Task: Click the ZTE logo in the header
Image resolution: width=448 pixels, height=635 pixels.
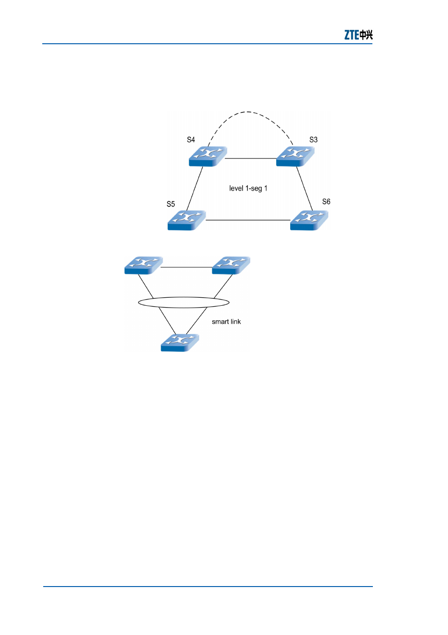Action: tap(358, 35)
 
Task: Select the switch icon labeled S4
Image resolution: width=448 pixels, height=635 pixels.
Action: tap(208, 156)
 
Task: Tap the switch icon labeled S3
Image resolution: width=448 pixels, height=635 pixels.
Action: tap(295, 156)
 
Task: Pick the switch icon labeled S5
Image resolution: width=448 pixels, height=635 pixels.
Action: tap(186, 220)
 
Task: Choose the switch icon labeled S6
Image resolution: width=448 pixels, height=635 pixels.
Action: tap(309, 220)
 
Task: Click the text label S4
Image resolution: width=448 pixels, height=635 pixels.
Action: tap(191, 140)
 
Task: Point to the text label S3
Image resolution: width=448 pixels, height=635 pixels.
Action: tap(313, 140)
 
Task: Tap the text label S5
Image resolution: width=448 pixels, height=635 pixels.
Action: tap(170, 204)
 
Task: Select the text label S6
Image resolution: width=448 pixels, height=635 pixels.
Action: tap(326, 202)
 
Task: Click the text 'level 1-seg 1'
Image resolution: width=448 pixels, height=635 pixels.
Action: tap(248, 188)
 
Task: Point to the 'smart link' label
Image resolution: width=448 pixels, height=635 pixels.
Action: tap(226, 322)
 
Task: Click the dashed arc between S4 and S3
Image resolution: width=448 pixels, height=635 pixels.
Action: tap(248, 112)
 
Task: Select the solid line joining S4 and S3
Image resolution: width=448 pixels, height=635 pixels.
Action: tap(250, 158)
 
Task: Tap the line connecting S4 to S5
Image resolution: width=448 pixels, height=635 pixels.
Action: tap(195, 189)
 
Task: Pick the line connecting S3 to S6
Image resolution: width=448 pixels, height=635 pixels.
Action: tap(304, 189)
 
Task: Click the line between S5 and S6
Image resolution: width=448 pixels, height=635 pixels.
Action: tap(248, 220)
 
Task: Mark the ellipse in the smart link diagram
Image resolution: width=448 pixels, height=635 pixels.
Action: tap(184, 297)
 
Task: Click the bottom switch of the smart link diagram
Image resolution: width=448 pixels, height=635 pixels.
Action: tap(180, 343)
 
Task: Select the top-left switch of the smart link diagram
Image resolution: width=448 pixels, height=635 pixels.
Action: tap(144, 265)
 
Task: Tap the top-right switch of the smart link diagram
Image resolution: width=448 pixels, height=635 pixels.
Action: tap(231, 265)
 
